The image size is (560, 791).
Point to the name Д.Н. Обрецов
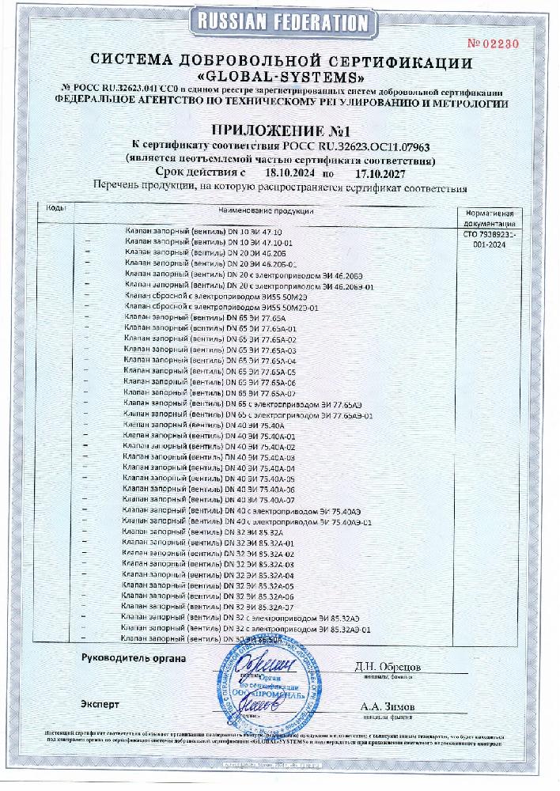(388, 667)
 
